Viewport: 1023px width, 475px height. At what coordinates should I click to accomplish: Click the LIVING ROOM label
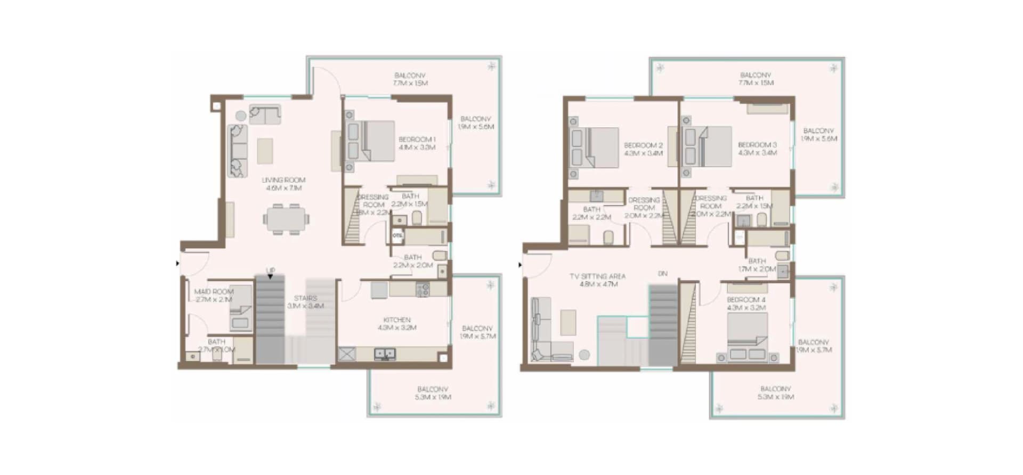point(283,184)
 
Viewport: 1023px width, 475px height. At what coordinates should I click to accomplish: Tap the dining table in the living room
point(286,219)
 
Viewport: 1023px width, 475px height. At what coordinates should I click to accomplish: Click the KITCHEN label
point(397,324)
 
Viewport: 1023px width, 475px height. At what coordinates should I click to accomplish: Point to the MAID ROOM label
point(214,296)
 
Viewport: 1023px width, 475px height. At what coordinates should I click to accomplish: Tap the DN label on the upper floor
point(662,274)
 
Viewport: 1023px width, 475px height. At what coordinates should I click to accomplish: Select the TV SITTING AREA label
point(597,280)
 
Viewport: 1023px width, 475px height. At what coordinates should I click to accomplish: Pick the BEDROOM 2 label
point(644,149)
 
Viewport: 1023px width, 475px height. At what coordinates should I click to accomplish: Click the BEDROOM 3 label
point(757,149)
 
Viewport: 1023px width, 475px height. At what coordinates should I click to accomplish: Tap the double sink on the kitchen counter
point(384,353)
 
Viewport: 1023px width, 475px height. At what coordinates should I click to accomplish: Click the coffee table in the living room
point(265,151)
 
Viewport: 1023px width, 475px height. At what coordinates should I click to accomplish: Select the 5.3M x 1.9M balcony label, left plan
point(433,393)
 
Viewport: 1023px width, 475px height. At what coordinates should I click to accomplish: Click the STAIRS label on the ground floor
point(305,302)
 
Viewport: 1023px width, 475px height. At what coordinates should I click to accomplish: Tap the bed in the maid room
point(240,309)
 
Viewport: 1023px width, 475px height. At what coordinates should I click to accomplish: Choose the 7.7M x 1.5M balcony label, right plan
point(756,79)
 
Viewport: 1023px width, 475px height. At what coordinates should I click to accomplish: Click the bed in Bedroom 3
point(711,146)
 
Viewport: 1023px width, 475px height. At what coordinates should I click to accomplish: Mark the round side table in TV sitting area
point(584,354)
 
